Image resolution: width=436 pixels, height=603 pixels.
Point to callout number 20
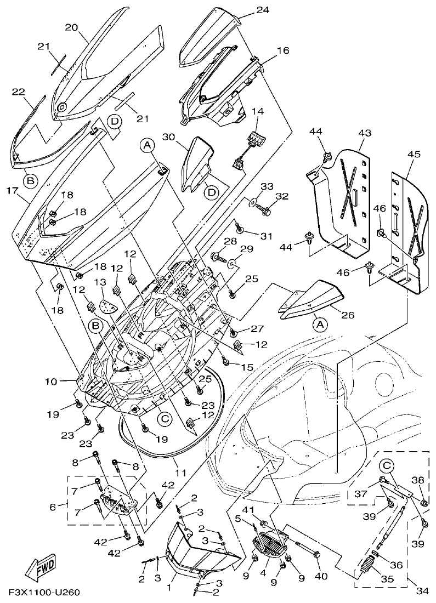[x=72, y=27]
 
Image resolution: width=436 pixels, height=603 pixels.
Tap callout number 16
[x=282, y=50]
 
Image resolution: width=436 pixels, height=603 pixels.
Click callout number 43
[x=365, y=133]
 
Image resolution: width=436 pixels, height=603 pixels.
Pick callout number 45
[x=413, y=155]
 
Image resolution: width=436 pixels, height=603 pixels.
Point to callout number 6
[x=53, y=507]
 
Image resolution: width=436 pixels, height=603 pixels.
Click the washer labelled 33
[x=251, y=203]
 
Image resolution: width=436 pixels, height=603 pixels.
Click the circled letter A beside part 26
[x=320, y=325]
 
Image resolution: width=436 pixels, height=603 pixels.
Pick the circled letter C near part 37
[x=387, y=467]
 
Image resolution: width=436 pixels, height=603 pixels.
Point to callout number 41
[x=250, y=511]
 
